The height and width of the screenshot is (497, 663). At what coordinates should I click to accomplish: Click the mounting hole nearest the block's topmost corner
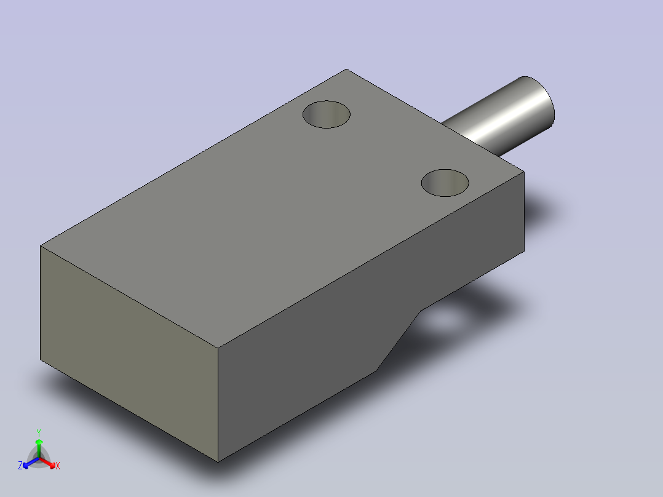click(327, 114)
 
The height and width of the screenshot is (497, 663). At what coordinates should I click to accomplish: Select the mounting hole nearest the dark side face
click(445, 183)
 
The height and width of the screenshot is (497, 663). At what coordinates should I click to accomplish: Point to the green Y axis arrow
click(39, 448)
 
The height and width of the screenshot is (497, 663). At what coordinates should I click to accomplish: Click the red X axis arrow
click(47, 463)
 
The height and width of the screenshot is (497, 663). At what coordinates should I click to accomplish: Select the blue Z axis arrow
click(31, 463)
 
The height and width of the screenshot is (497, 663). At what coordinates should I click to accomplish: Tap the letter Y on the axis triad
click(39, 432)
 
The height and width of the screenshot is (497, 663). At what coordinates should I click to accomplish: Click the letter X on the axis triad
click(58, 466)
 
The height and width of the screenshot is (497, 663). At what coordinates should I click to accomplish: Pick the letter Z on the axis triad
click(20, 466)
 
